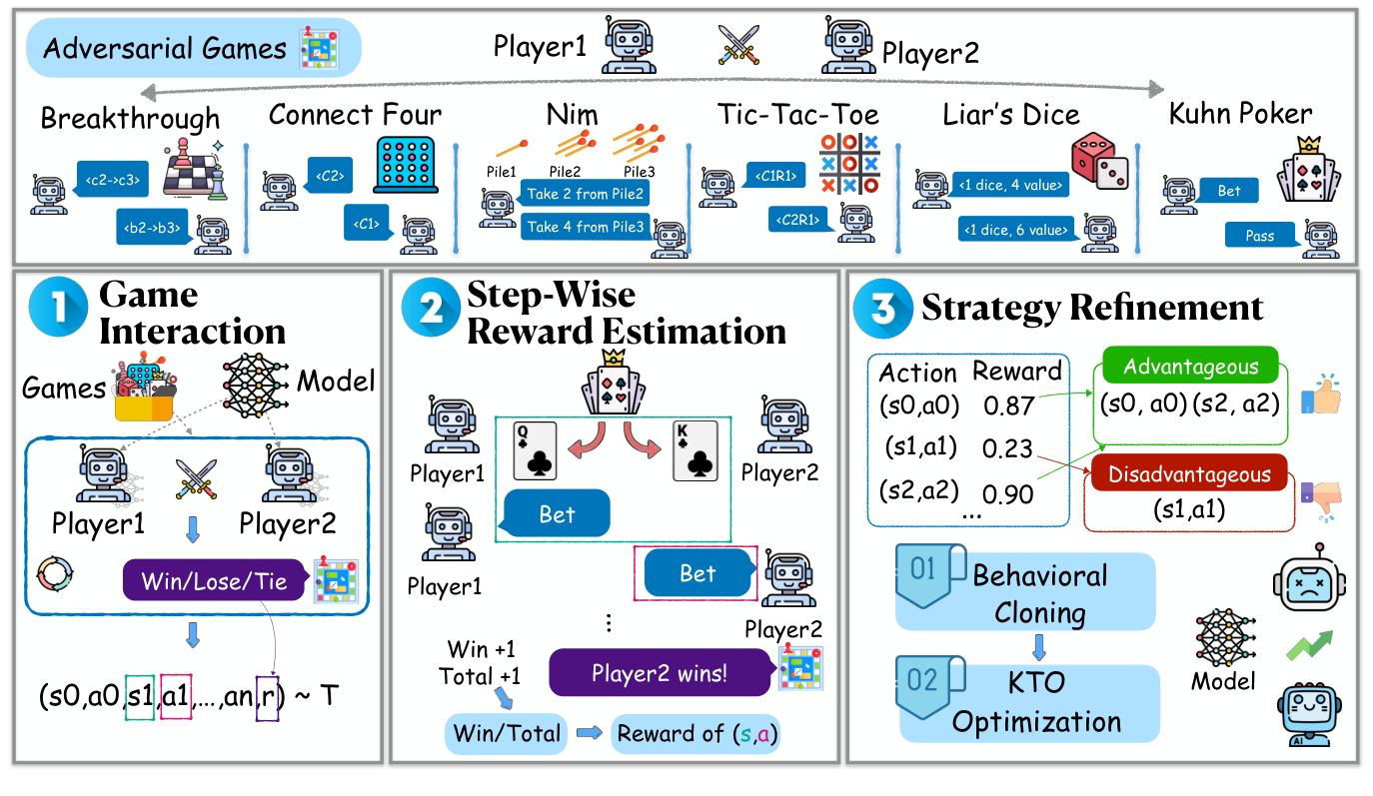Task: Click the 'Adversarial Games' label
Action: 165,48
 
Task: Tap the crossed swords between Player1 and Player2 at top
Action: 738,45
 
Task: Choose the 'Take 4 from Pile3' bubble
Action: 587,227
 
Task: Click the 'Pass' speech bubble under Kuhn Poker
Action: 1261,237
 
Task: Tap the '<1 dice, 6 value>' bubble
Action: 1015,230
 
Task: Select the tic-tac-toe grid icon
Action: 849,163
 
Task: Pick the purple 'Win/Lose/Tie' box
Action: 213,581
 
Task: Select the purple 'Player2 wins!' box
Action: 659,673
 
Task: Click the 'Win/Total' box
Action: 507,734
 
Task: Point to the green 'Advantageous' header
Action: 1191,368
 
